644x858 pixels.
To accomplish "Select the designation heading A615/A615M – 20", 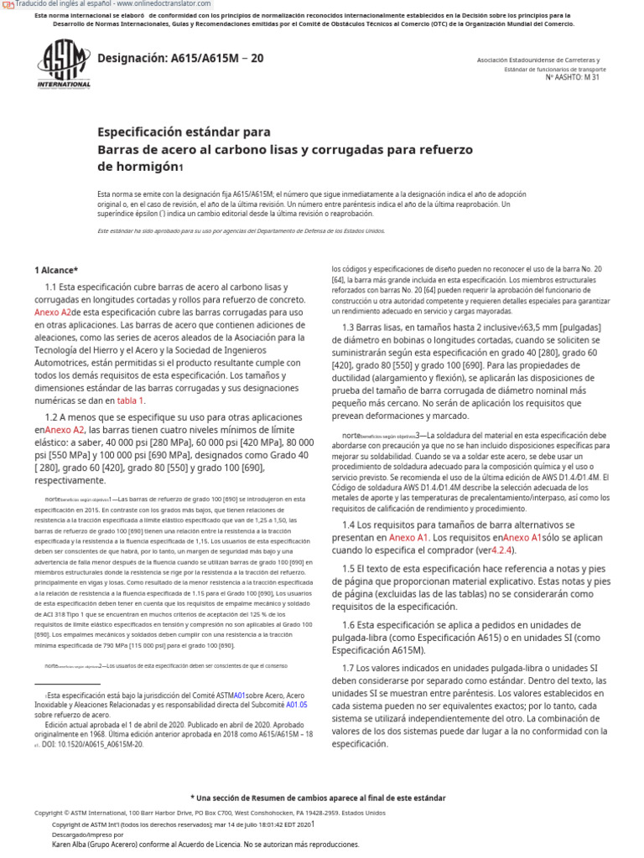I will [x=180, y=58].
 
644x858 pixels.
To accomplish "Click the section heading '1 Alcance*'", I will [x=55, y=270].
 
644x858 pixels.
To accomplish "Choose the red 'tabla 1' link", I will [x=130, y=401].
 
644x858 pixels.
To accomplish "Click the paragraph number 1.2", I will [x=52, y=416].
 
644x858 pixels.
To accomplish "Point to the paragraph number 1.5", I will [x=351, y=568].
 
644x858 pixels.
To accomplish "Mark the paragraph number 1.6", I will [x=351, y=626].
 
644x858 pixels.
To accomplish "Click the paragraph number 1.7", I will [x=351, y=668].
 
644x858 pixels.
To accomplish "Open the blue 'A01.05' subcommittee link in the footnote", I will [x=297, y=706].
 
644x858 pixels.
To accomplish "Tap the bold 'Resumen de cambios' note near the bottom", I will [x=318, y=798].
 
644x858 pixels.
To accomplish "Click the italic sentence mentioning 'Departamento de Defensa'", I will [x=241, y=230].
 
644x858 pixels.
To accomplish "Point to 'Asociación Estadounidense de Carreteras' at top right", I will [x=538, y=60].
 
